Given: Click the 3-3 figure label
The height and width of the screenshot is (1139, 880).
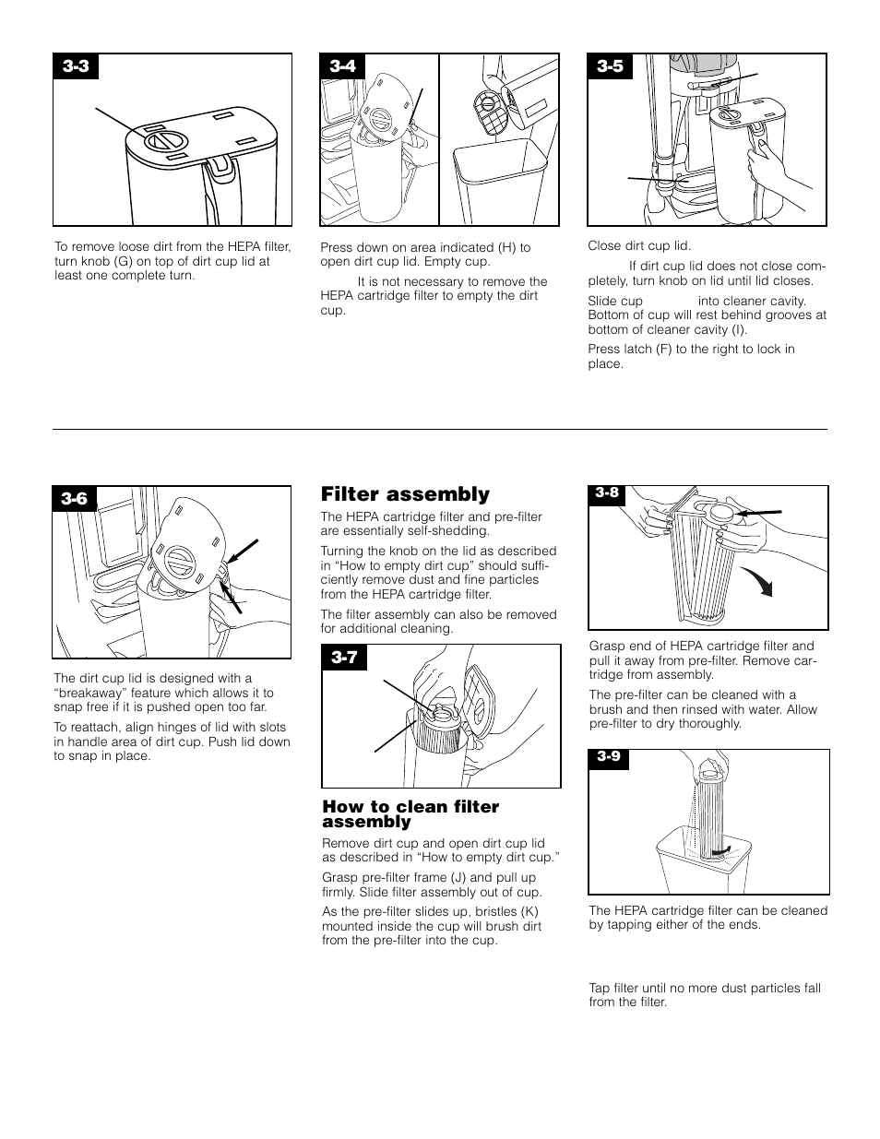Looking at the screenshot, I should coord(76,66).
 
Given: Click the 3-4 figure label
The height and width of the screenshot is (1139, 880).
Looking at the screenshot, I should coord(342,66).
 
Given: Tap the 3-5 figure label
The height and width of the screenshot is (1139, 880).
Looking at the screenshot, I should coord(610,66).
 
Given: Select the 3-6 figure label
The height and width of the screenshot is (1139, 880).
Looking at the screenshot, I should coord(75,498).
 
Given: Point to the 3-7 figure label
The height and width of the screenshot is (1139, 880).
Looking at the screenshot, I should coord(344,658).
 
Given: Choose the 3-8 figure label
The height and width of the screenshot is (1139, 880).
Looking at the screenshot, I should coord(606,492).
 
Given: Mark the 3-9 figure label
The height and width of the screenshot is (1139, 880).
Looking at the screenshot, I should coord(607,756).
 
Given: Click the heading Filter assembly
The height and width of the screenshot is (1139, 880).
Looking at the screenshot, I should coord(405,494).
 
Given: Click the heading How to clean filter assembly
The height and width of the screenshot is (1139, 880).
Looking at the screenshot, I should coord(410,813).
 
